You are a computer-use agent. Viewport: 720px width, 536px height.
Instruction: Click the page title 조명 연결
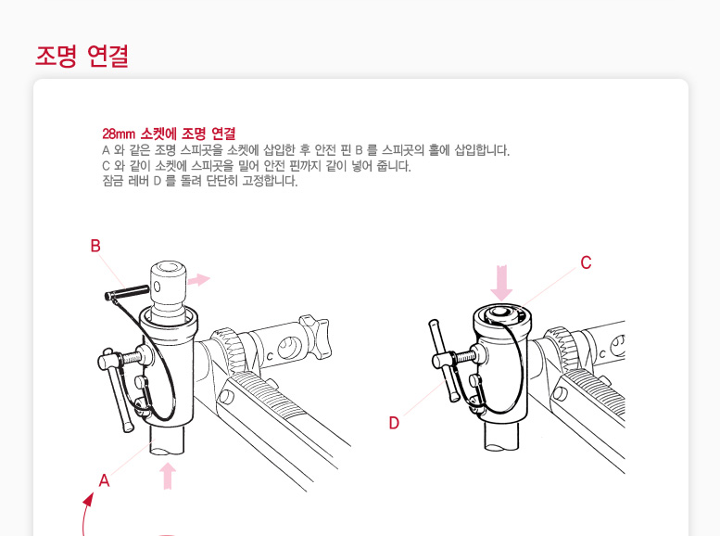pyautogui.click(x=82, y=56)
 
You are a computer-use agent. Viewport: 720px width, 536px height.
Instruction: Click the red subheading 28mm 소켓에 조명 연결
pyautogui.click(x=169, y=134)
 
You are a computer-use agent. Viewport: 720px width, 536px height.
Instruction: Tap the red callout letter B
pyautogui.click(x=95, y=246)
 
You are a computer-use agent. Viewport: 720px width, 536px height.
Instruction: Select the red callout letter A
pyautogui.click(x=104, y=480)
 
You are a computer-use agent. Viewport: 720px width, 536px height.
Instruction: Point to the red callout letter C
pyautogui.click(x=586, y=263)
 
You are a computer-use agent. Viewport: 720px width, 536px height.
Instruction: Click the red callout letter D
pyautogui.click(x=394, y=423)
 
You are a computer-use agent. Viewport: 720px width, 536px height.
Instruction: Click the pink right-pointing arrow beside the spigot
pyautogui.click(x=199, y=279)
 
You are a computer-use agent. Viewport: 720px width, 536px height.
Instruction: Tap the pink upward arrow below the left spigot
pyautogui.click(x=168, y=476)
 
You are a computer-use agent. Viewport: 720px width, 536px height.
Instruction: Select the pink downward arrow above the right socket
pyautogui.click(x=501, y=283)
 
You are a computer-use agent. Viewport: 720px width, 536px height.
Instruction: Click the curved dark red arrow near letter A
pyautogui.click(x=84, y=513)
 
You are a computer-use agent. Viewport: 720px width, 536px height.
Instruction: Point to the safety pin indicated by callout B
pyautogui.click(x=127, y=292)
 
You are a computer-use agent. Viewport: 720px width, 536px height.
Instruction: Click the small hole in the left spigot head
pyautogui.click(x=157, y=287)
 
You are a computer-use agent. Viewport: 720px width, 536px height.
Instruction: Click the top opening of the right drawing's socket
pyautogui.click(x=501, y=314)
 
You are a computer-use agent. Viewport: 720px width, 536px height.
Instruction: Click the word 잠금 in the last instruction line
pyautogui.click(x=112, y=181)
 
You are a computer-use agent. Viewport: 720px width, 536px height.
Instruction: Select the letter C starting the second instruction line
pyautogui.click(x=106, y=165)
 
